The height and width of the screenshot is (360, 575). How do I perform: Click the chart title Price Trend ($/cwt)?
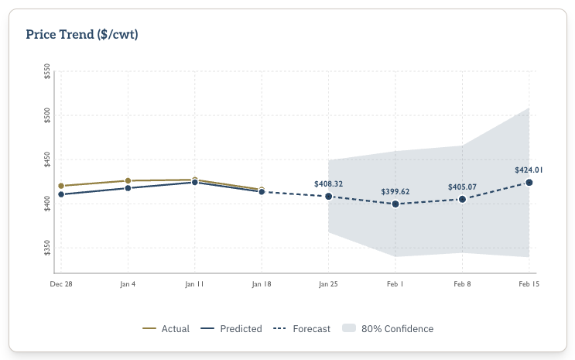(x=82, y=34)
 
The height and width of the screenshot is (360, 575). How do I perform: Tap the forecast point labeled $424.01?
(x=529, y=183)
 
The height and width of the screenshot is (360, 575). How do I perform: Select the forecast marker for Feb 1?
(x=395, y=204)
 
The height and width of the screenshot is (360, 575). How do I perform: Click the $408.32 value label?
(x=328, y=183)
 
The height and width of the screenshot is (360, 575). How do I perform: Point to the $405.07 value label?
(x=462, y=187)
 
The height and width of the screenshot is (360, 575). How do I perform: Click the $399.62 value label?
(x=395, y=191)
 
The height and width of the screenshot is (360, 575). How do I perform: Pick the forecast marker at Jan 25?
(x=329, y=197)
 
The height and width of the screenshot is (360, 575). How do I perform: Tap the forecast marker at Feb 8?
(x=462, y=200)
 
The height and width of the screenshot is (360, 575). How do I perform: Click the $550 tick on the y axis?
(x=48, y=72)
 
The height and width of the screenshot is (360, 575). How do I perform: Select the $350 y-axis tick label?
(x=48, y=248)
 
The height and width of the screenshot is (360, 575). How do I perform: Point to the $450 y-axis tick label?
(x=48, y=160)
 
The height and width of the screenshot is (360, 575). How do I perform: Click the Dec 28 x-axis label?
(x=61, y=284)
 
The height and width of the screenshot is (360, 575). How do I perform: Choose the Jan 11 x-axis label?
(x=195, y=284)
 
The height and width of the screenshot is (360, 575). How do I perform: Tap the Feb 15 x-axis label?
(x=529, y=284)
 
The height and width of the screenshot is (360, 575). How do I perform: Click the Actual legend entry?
(x=166, y=328)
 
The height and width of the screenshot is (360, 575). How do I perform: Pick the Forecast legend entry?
(x=302, y=328)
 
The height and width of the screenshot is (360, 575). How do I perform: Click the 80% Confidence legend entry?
(x=388, y=328)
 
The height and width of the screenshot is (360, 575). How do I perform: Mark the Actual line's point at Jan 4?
(x=128, y=180)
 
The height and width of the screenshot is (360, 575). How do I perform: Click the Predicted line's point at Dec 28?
(x=61, y=194)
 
